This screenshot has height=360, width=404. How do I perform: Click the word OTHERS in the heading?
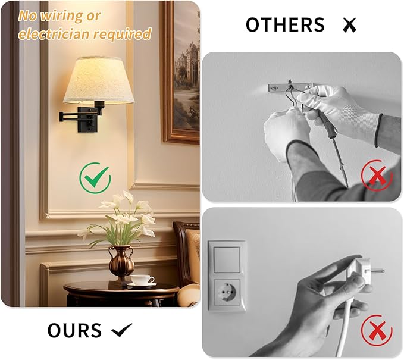[x=285, y=25]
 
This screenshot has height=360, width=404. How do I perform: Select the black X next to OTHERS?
[x=349, y=26]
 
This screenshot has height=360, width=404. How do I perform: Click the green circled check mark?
[x=95, y=177]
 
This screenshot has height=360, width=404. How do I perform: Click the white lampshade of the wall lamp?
[x=98, y=80]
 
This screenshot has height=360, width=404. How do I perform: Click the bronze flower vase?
[x=121, y=262]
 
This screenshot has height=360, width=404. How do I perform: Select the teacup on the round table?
[x=142, y=280]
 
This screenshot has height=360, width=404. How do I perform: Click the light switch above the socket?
[x=227, y=257]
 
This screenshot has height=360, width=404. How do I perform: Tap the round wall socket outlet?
[x=227, y=293]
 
